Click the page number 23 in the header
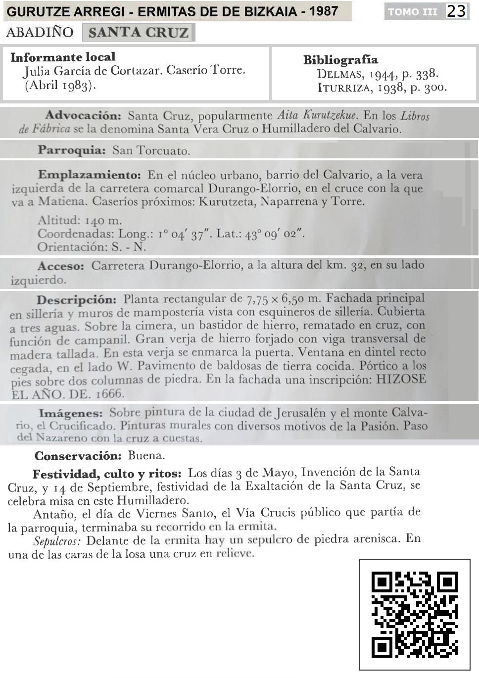tap(456, 11)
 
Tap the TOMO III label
tap(413, 11)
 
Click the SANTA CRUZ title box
tap(139, 33)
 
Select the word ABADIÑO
tap(40, 33)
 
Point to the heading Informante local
tap(63, 57)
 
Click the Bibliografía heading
tap(340, 60)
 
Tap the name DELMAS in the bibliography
tap(339, 74)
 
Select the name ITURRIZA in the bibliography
tap(344, 88)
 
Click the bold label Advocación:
tap(83, 116)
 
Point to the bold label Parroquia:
tap(72, 150)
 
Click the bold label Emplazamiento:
tap(89, 175)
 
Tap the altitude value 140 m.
tap(103, 220)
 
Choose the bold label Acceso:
tap(61, 266)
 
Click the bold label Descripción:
tap(76, 300)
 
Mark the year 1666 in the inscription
tap(109, 394)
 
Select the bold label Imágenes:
tap(70, 413)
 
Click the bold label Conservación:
tap(78, 456)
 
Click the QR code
tap(414, 615)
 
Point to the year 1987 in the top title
tap(324, 11)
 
